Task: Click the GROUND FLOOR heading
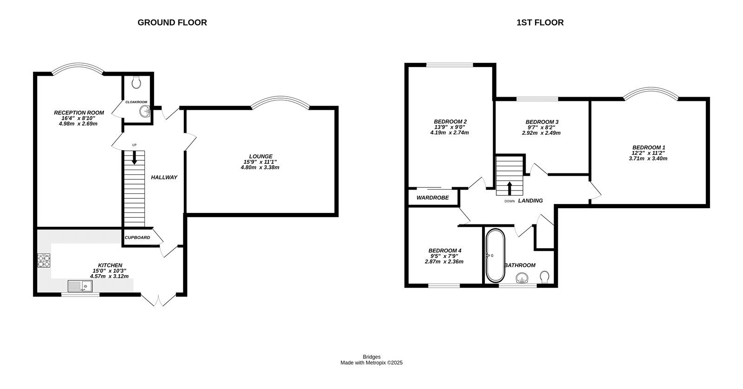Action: pyautogui.click(x=172, y=22)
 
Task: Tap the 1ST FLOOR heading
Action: pyautogui.click(x=540, y=22)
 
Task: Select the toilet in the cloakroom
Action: pyautogui.click(x=136, y=83)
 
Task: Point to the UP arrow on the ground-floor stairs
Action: pyautogui.click(x=135, y=158)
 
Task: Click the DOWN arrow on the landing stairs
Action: pyautogui.click(x=509, y=188)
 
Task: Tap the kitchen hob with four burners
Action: pyautogui.click(x=44, y=261)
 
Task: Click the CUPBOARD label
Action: pyautogui.click(x=137, y=237)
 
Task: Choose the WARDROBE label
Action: pyautogui.click(x=432, y=198)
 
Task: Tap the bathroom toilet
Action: pyautogui.click(x=545, y=277)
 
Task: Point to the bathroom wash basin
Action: pyautogui.click(x=523, y=278)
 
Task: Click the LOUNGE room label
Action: pyautogui.click(x=261, y=156)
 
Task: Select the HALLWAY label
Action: pyautogui.click(x=164, y=177)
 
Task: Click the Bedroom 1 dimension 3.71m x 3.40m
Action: pyautogui.click(x=648, y=158)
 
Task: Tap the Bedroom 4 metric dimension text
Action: pyautogui.click(x=444, y=262)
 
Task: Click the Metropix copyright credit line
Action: pyautogui.click(x=371, y=363)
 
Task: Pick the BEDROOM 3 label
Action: pyautogui.click(x=541, y=122)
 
